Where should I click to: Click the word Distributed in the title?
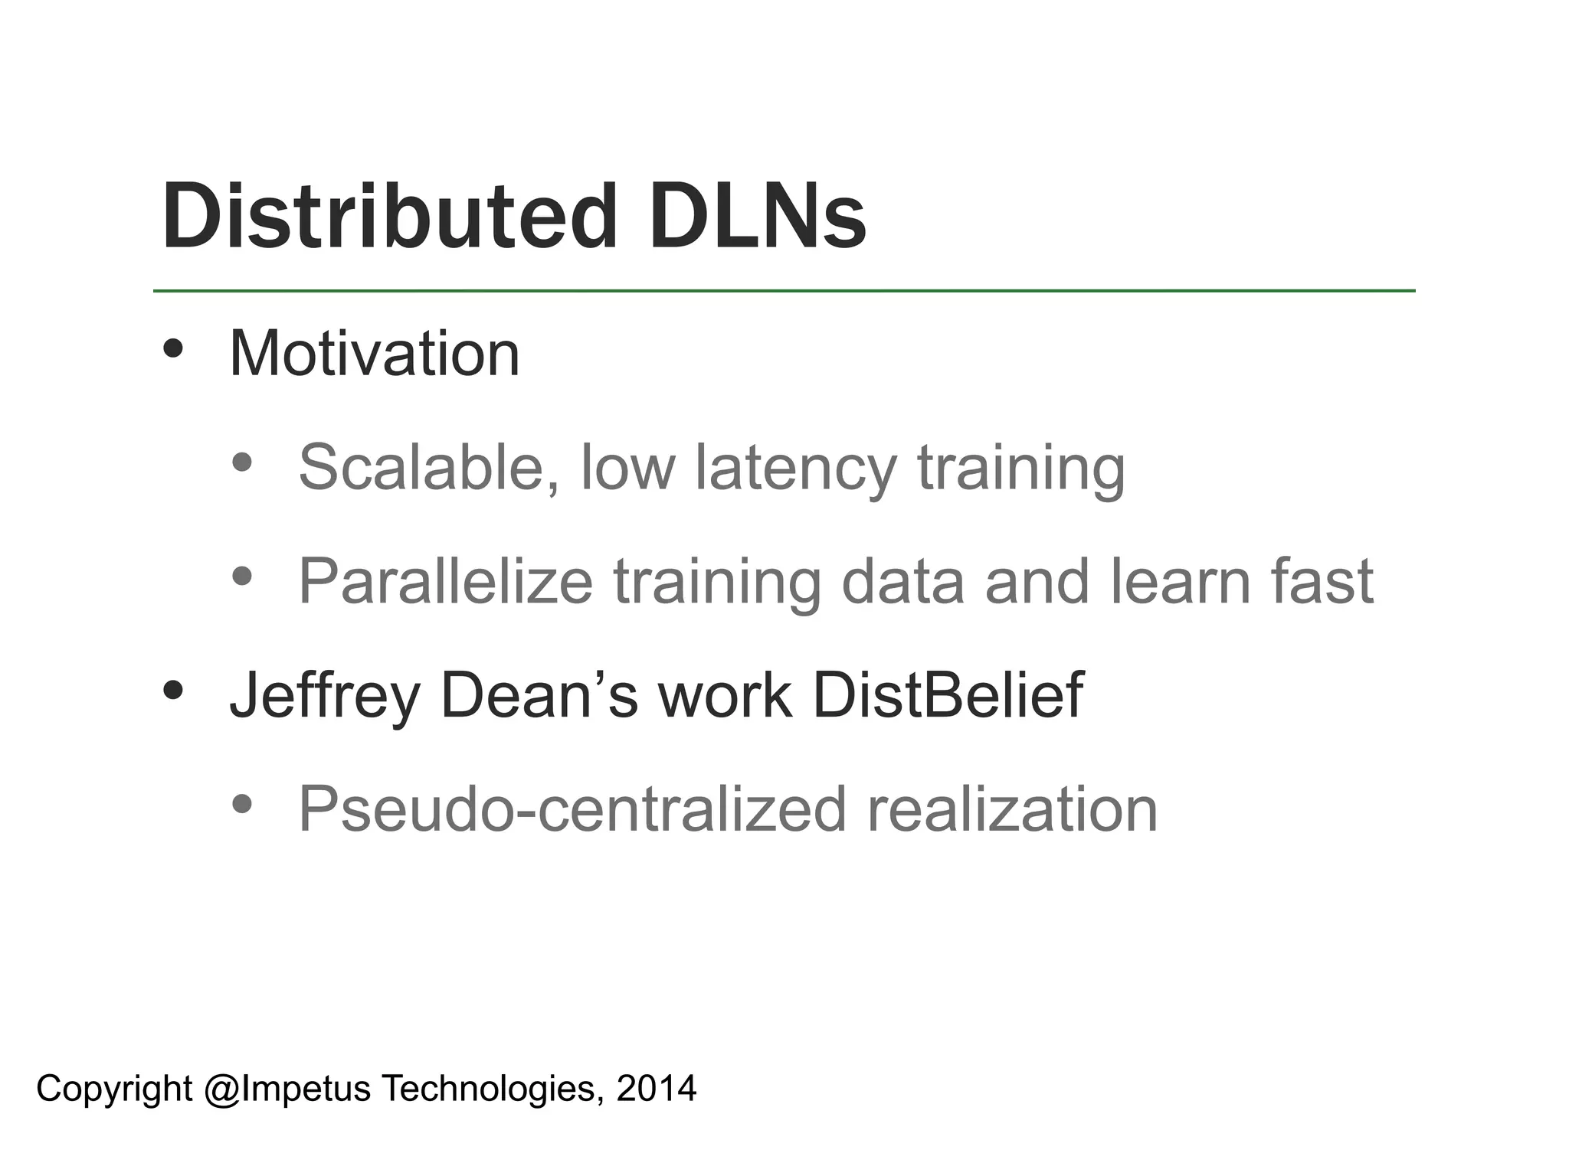(389, 216)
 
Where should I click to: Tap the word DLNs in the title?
(758, 216)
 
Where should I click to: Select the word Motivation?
(375, 354)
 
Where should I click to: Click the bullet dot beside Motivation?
(174, 349)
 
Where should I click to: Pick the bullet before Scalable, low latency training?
(242, 462)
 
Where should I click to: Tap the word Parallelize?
(445, 582)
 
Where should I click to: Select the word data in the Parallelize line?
(902, 581)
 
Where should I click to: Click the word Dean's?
(539, 695)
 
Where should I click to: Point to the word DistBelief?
(948, 695)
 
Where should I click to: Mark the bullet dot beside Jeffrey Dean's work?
(174, 691)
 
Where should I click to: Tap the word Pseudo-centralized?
(572, 809)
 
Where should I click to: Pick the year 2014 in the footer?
(657, 1088)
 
